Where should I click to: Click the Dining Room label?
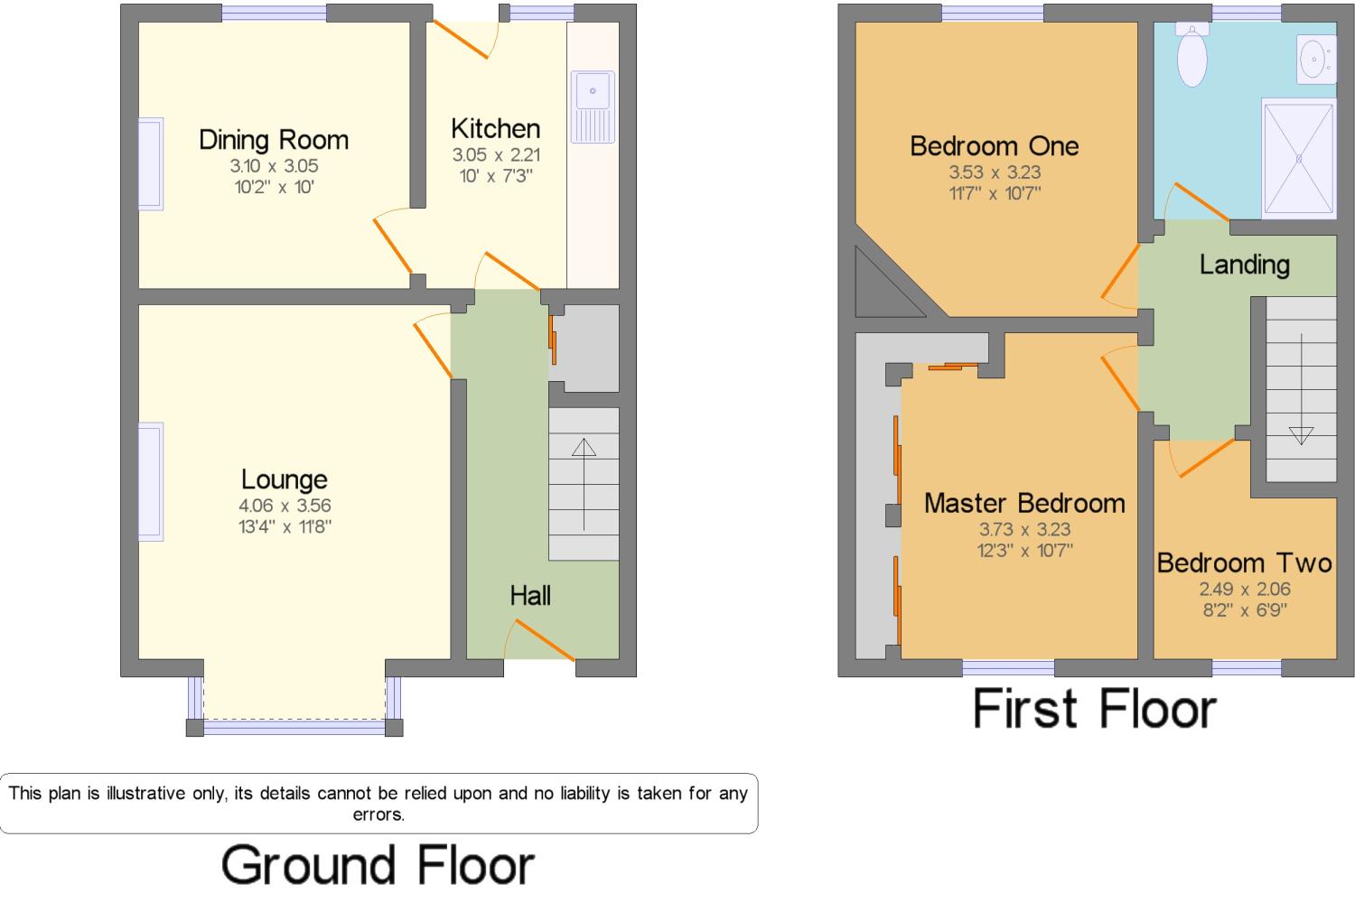pyautogui.click(x=274, y=140)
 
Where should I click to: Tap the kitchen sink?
pyautogui.click(x=593, y=107)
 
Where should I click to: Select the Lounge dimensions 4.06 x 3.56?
pyautogui.click(x=285, y=506)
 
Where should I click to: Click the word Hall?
pyautogui.click(x=530, y=596)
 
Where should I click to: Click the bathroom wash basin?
pyautogui.click(x=1316, y=60)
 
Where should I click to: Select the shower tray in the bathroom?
pyautogui.click(x=1299, y=158)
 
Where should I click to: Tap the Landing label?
pyautogui.click(x=1244, y=265)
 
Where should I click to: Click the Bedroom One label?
pyautogui.click(x=994, y=146)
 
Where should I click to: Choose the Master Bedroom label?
pyautogui.click(x=1024, y=504)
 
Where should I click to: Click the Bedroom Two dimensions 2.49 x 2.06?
pyautogui.click(x=1244, y=589)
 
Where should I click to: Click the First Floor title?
pyautogui.click(x=1094, y=709)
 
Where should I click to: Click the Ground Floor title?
pyautogui.click(x=378, y=865)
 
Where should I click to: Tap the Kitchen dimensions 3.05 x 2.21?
pyautogui.click(x=496, y=154)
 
